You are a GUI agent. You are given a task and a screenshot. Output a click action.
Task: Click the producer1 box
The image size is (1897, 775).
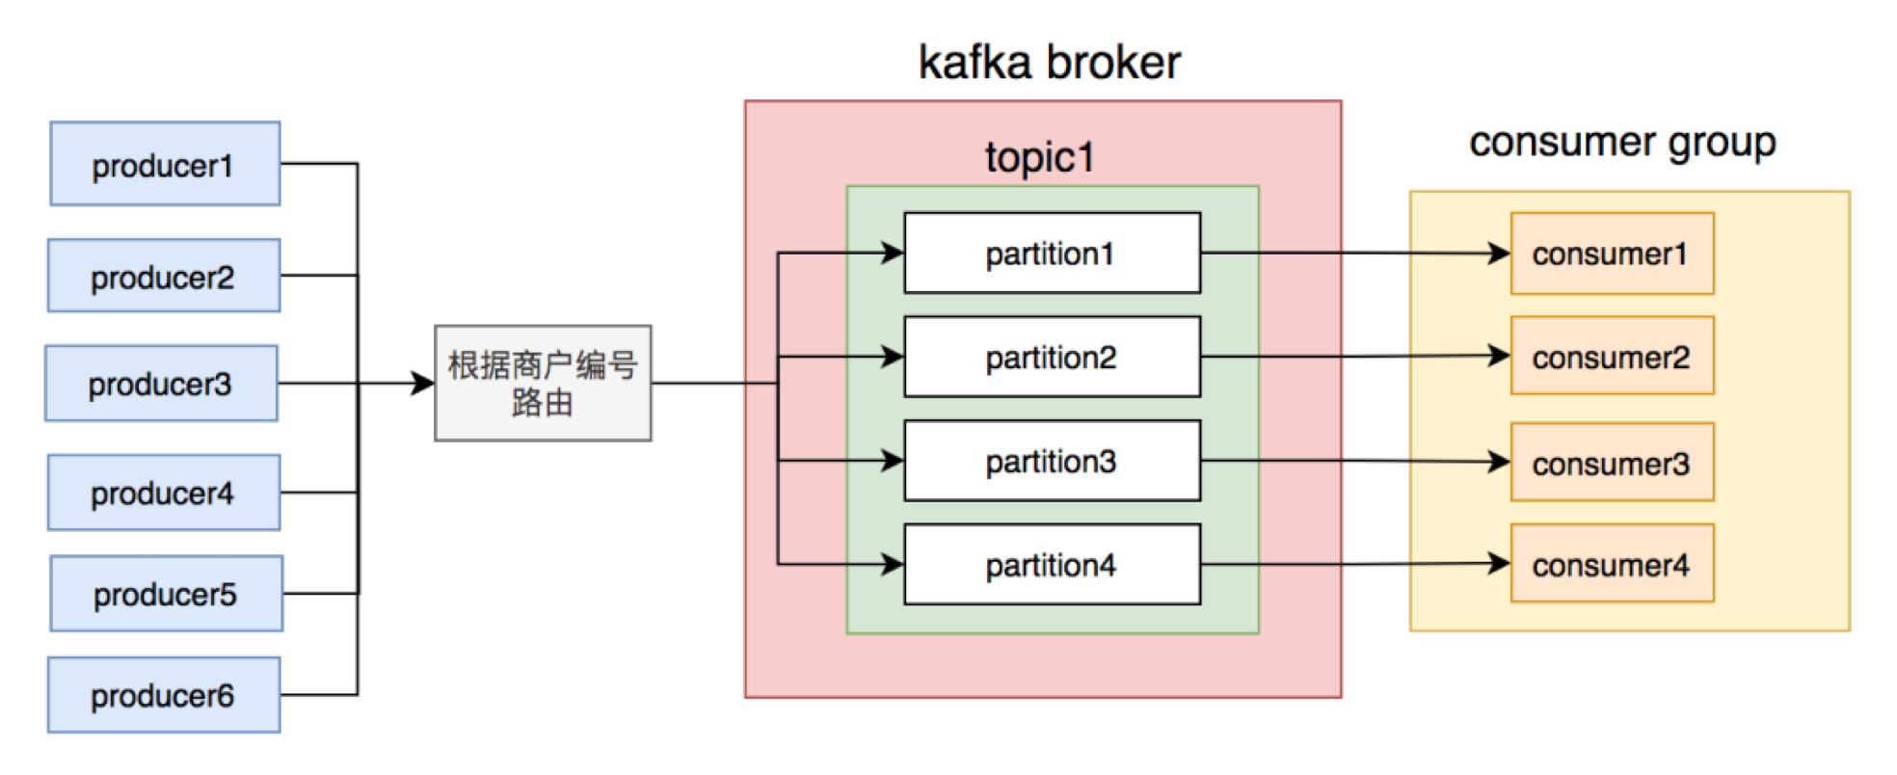click(165, 164)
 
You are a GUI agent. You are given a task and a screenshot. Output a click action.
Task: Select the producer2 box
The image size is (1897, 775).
click(164, 276)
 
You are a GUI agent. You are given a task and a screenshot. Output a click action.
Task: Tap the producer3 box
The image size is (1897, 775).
click(161, 384)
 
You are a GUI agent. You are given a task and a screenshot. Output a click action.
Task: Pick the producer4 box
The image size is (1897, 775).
click(164, 493)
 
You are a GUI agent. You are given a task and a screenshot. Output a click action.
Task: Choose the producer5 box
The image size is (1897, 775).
click(167, 594)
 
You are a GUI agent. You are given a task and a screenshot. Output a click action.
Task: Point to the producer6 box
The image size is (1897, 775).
click(164, 695)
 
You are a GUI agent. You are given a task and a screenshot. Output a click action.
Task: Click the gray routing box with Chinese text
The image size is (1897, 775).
click(543, 383)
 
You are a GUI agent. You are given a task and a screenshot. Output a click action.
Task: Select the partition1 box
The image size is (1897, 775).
click(1052, 253)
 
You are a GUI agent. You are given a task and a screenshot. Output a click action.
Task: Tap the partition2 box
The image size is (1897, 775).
click(1052, 357)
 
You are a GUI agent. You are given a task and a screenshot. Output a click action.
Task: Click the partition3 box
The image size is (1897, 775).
click(1052, 461)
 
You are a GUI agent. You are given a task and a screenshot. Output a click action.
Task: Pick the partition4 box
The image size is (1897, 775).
click(1052, 565)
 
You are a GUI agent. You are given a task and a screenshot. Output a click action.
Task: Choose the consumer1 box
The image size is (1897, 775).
click(1612, 254)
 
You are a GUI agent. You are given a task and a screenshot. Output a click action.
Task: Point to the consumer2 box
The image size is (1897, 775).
click(1612, 356)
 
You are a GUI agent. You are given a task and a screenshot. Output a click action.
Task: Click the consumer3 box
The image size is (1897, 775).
click(1612, 462)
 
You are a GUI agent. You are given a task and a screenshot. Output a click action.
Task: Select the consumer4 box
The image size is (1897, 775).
click(1612, 564)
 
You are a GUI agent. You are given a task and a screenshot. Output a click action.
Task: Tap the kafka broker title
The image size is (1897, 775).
click(1050, 63)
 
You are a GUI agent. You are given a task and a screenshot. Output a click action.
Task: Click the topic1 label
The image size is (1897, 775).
click(1040, 157)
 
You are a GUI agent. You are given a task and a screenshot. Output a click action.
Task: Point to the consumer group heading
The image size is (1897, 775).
click(1622, 144)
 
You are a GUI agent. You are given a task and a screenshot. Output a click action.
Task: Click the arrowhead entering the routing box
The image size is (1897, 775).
click(422, 383)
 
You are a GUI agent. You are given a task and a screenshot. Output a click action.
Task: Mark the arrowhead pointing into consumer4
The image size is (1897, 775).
click(1499, 563)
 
